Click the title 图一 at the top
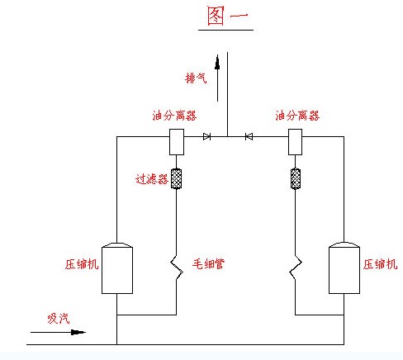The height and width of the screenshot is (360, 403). coord(228,17)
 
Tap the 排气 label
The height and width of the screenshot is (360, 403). coord(196,78)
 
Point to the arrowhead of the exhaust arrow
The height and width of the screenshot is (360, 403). coord(217,62)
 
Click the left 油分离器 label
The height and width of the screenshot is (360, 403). coord(174,116)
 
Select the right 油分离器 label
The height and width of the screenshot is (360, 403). coord(297,116)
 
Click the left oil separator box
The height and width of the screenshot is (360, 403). coord(177,142)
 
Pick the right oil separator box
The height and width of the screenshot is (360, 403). coord(295,142)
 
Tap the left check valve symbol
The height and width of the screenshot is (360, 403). coord(206,136)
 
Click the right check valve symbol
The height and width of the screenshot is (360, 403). coord(249,136)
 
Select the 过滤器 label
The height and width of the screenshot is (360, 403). coord(152,179)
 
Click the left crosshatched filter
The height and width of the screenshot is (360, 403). coord(176,178)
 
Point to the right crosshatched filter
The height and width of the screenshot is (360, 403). coord(296,178)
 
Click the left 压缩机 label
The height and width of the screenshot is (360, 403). coord(82,264)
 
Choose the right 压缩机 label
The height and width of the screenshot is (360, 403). coord(380,264)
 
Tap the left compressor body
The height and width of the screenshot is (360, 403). coord(117,268)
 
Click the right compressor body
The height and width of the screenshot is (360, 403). coord(344,268)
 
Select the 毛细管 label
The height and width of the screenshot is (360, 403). coord(208,263)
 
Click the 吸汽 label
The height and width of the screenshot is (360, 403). coord(59,319)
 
